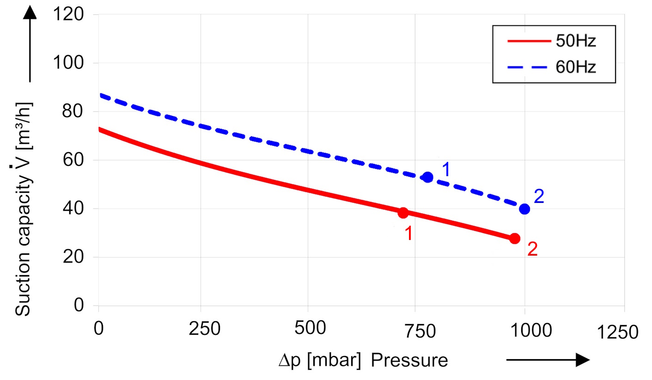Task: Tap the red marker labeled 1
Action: coord(403,213)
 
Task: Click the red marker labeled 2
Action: coord(515,239)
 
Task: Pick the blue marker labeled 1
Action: coord(428,177)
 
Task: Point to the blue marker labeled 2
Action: coord(524,209)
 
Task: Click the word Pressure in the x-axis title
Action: coord(409,361)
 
